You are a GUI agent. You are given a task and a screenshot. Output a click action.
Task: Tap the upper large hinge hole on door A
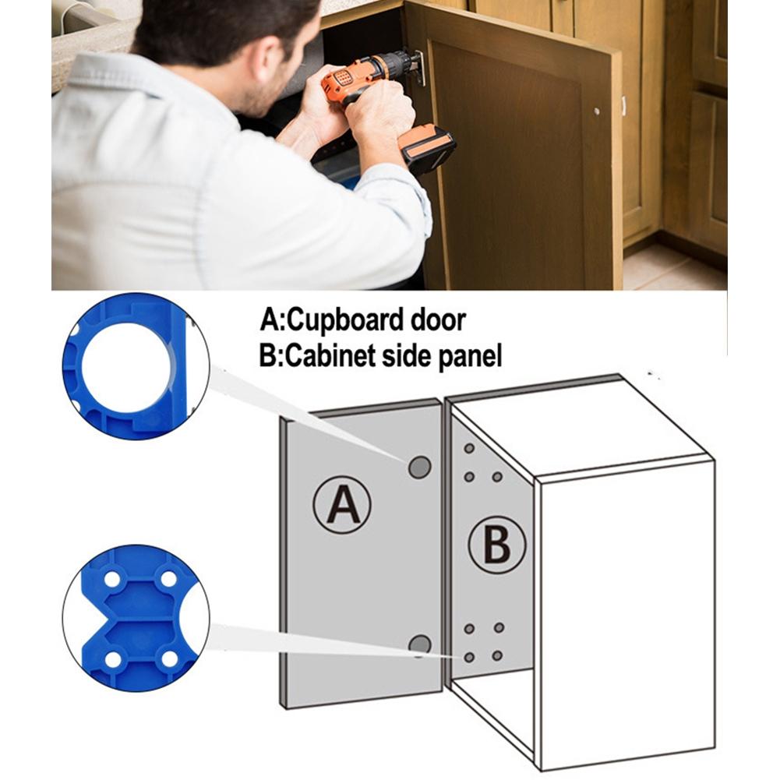tap(419, 467)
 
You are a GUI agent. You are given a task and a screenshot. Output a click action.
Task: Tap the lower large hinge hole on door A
tap(420, 644)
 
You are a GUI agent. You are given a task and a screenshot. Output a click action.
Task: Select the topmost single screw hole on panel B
tap(468, 449)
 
